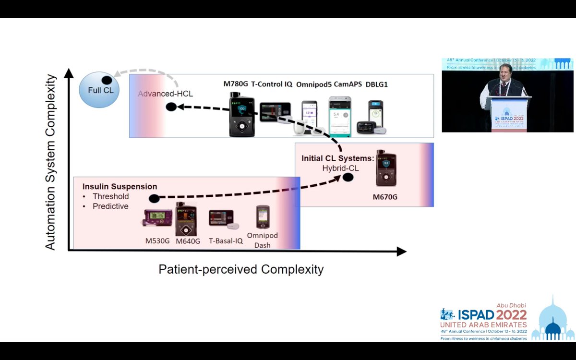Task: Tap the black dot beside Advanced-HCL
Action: [171, 107]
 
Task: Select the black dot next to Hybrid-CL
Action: [348, 177]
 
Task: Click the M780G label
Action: [235, 84]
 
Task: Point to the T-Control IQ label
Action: [271, 84]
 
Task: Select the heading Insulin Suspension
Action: [120, 186]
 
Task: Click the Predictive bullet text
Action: [110, 206]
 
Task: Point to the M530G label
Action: [157, 241]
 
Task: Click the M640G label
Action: [188, 241]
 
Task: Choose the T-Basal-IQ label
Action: [226, 241]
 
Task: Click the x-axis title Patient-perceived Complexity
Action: [241, 269]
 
